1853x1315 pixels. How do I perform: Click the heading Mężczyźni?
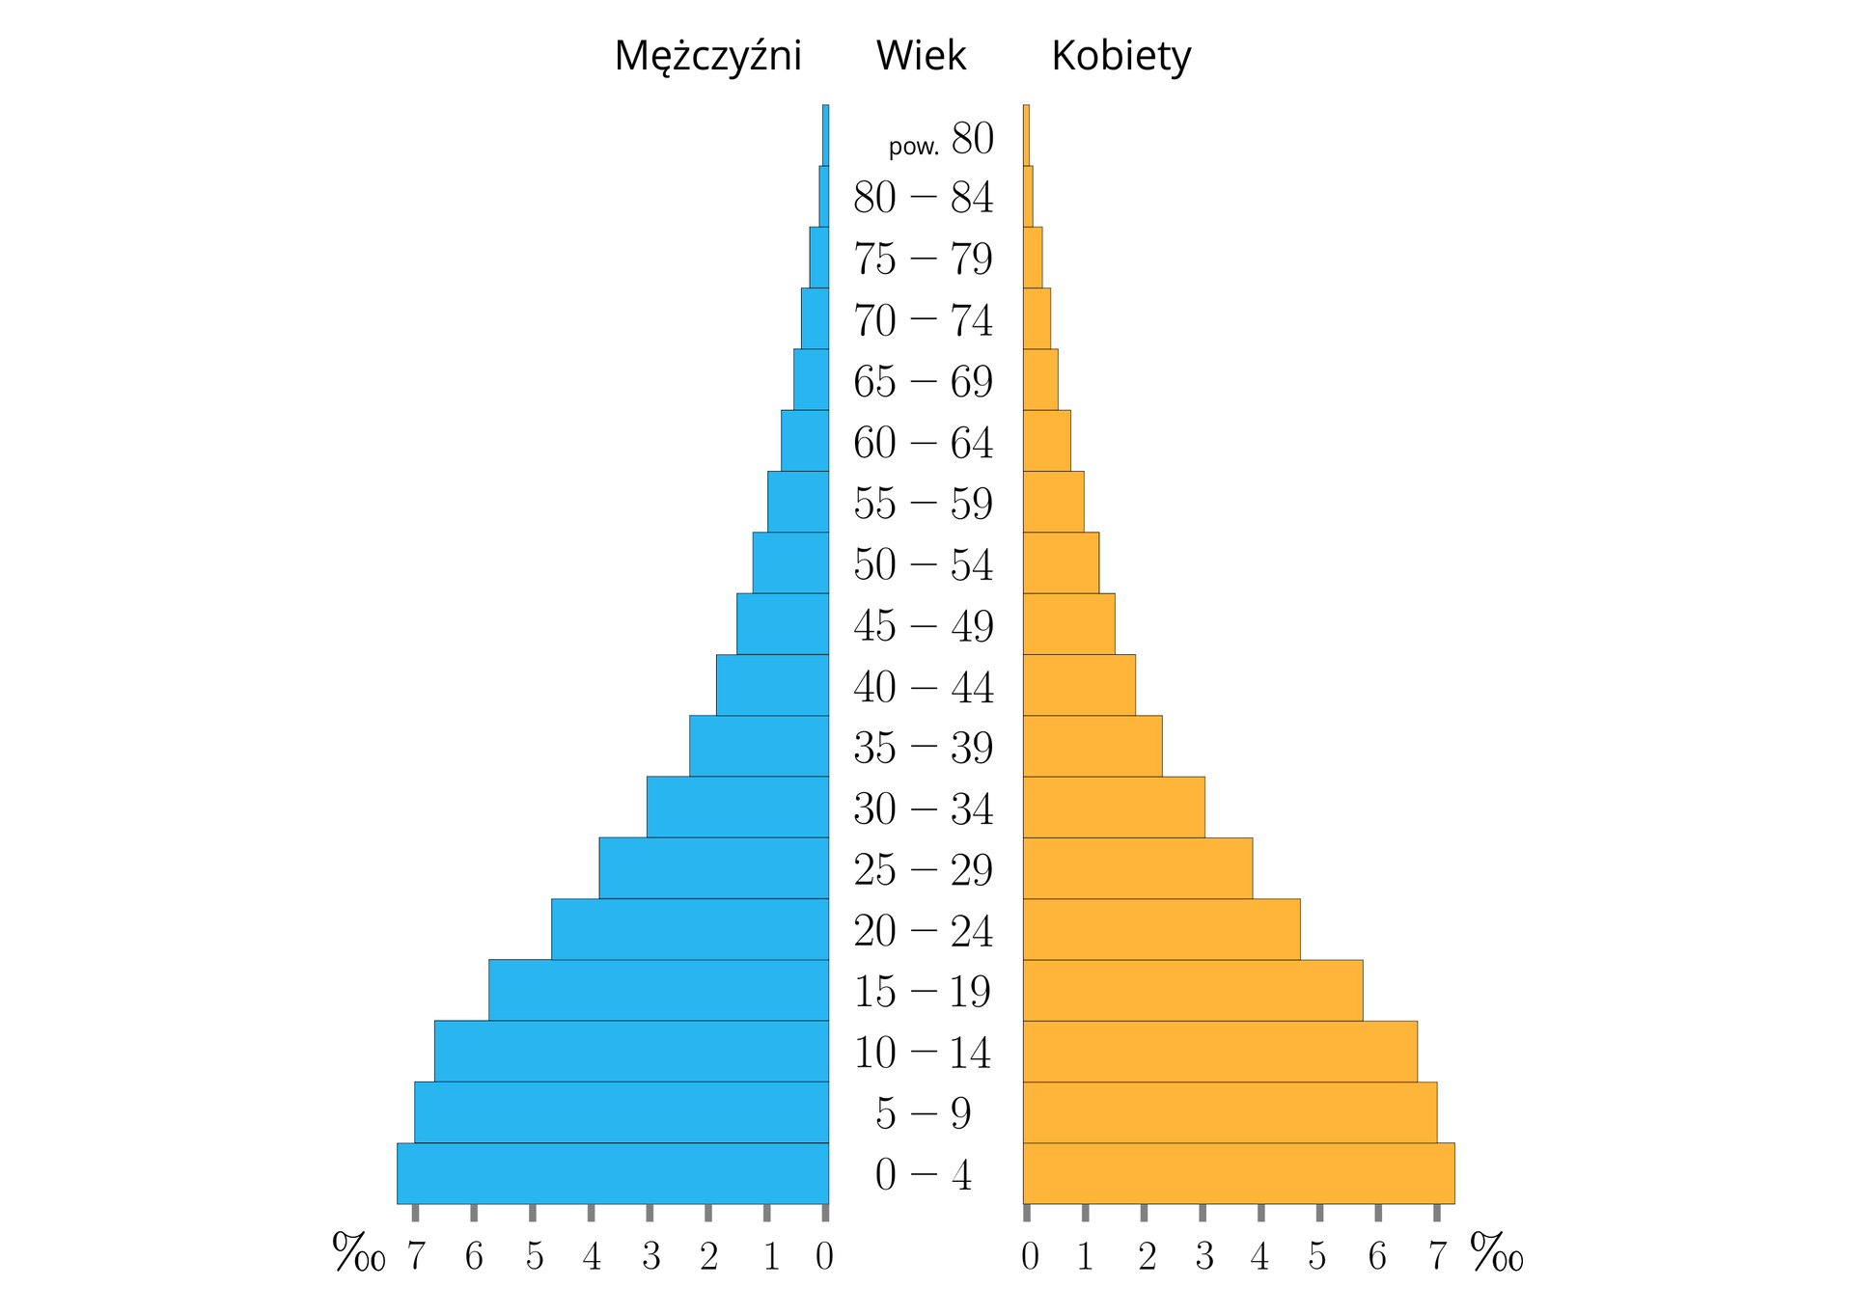click(x=707, y=56)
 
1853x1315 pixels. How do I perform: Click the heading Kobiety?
click(x=1120, y=56)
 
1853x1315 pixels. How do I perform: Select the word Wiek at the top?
click(x=921, y=56)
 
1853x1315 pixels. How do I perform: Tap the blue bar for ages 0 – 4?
click(x=612, y=1173)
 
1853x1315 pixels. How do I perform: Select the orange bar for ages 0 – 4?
click(x=1238, y=1173)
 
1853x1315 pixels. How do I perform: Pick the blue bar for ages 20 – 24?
click(x=689, y=929)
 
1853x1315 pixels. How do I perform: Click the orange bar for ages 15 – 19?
click(x=1192, y=990)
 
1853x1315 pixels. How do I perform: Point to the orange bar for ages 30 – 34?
click(x=1113, y=807)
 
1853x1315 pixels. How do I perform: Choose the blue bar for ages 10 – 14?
click(x=631, y=1051)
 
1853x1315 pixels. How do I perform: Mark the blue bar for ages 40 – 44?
click(x=772, y=685)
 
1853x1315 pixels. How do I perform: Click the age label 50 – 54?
click(x=923, y=564)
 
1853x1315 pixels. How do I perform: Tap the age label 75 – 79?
click(x=923, y=259)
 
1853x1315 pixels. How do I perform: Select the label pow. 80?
click(x=941, y=140)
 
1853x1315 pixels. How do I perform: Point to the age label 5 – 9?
click(x=923, y=1113)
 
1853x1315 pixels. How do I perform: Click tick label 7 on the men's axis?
click(x=415, y=1256)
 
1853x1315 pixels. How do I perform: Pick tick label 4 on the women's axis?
click(x=1259, y=1256)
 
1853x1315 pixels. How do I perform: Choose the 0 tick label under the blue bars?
click(x=824, y=1256)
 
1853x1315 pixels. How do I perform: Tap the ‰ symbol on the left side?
click(x=358, y=1253)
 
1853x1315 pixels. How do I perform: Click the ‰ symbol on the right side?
click(x=1496, y=1253)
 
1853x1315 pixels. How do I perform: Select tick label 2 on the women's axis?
click(x=1147, y=1256)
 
